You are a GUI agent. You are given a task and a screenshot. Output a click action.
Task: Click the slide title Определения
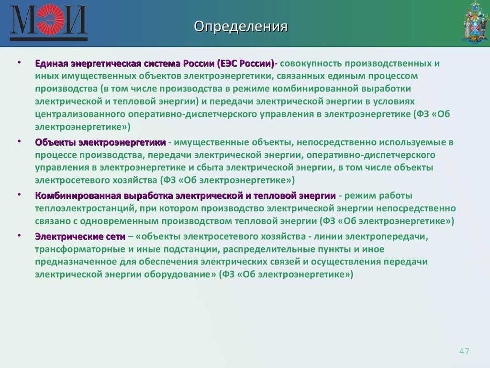pos(241,27)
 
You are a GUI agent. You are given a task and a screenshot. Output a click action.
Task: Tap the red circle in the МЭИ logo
pos(50,19)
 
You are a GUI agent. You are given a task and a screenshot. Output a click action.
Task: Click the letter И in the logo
pos(74,19)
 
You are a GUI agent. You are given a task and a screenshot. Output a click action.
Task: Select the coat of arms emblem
pos(476,22)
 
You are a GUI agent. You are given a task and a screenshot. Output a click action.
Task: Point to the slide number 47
pos(464,351)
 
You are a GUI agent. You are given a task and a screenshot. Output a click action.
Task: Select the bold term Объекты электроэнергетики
pos(100,142)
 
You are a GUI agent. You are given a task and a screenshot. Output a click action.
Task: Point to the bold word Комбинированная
pos(78,196)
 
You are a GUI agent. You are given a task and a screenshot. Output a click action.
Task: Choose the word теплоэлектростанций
pos(85,208)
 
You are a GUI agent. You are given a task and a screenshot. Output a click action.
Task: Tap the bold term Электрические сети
pos(80,237)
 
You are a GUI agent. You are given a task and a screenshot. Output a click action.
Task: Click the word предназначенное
pos(76,262)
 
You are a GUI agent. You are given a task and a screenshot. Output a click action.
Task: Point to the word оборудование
pos(180,275)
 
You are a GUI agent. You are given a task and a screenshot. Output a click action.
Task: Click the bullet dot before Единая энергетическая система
pos(19,63)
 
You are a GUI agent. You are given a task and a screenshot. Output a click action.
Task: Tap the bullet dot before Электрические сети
pos(19,235)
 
